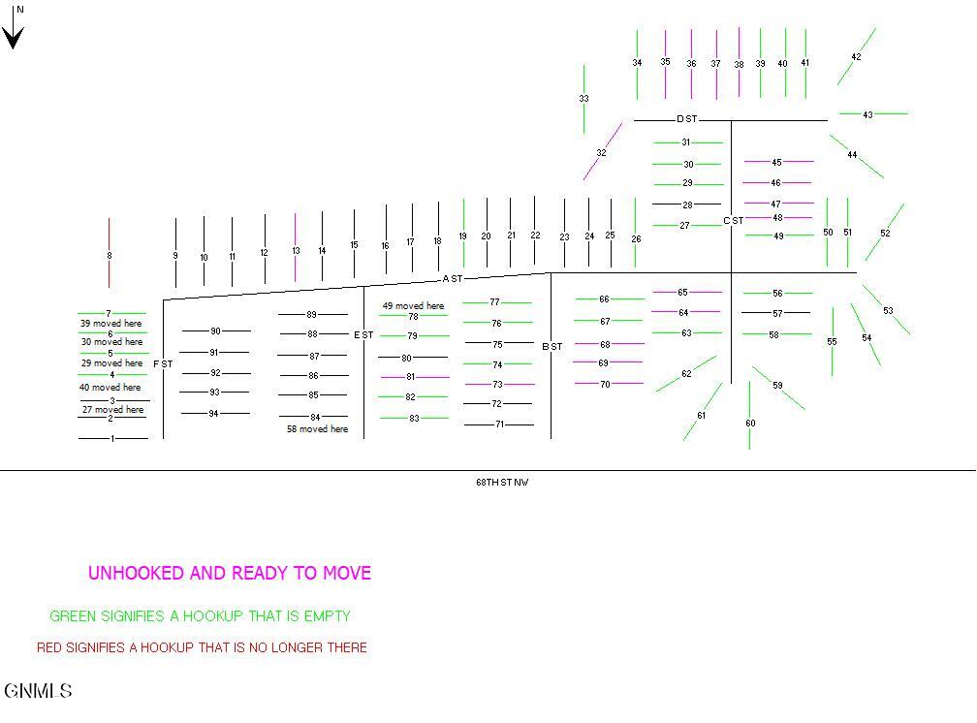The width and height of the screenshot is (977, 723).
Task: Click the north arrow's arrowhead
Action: [x=14, y=38]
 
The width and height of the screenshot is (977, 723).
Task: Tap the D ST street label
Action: [x=686, y=118]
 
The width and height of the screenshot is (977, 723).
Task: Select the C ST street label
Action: [x=734, y=221]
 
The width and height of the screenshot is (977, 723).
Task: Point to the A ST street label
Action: [x=453, y=278]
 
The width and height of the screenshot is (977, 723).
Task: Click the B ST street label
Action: [x=552, y=347]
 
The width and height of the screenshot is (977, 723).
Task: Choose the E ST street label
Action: [x=363, y=334]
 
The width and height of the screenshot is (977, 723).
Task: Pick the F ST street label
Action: [x=163, y=364]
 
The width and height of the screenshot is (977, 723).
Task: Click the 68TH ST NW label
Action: [x=502, y=482]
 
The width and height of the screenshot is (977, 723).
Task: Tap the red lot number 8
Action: [x=109, y=256]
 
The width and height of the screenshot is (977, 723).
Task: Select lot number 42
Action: [x=856, y=57]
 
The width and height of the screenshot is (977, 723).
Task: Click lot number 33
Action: [x=583, y=99]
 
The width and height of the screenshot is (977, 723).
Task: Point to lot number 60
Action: [x=750, y=424]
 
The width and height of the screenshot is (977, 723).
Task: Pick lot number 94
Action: [x=213, y=413]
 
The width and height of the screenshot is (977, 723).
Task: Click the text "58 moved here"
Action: [x=317, y=428]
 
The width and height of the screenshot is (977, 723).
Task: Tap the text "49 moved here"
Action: [x=413, y=306]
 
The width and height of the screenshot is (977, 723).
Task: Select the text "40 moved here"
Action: [x=110, y=387]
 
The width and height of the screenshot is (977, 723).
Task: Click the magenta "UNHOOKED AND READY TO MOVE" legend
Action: [x=230, y=573]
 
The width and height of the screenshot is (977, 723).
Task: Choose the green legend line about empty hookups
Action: [x=200, y=616]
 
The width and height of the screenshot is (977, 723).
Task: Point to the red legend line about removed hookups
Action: [x=202, y=647]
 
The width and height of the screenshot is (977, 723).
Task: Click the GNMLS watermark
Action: [x=38, y=691]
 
